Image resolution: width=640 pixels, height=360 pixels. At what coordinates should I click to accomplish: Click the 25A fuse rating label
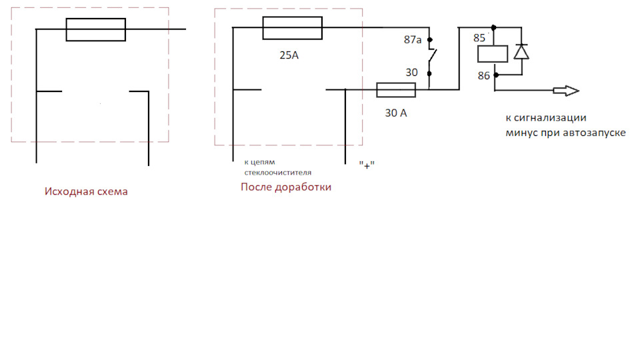pos(289,56)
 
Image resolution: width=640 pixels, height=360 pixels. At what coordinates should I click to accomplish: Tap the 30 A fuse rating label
pos(395,113)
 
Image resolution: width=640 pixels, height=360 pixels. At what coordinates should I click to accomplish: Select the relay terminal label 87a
pos(413,41)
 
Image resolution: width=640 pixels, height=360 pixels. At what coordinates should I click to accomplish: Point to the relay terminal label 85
pos(480,38)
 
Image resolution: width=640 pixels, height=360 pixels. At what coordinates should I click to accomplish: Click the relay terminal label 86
pos(484,77)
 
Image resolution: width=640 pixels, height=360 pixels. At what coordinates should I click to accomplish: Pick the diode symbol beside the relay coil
pos(522,52)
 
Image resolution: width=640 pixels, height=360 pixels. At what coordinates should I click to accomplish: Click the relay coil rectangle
pos(493,54)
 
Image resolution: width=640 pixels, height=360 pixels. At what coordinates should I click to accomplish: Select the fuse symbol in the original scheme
pos(95,29)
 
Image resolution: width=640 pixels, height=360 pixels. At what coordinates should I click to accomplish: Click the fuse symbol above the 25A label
pos(293,29)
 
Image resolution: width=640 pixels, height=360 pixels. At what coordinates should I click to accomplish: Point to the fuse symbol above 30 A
pos(396,90)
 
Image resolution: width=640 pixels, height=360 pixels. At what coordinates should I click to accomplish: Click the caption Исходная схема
pos(86,191)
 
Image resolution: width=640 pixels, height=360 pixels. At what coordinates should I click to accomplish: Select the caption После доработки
pos(285,187)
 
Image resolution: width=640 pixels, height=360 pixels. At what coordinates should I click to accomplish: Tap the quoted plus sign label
pos(366,165)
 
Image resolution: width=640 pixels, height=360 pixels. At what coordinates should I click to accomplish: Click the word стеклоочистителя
pos(277,172)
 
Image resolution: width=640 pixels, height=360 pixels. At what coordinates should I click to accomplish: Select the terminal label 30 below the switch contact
pos(413,72)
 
